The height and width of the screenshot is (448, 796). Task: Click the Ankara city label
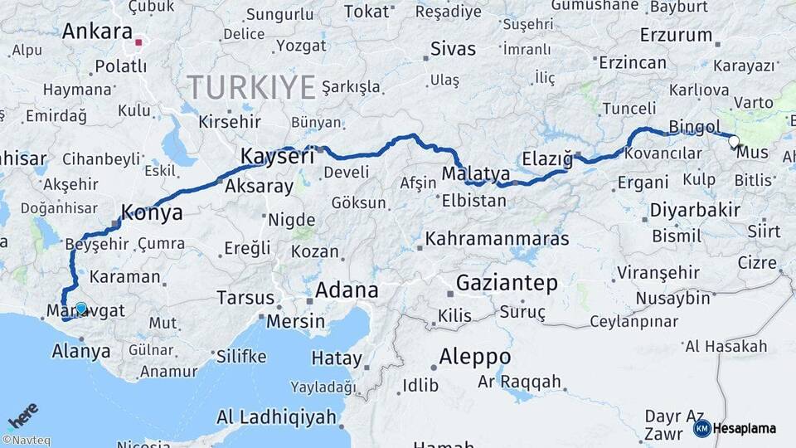[97, 32]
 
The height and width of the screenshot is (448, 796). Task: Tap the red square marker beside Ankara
[140, 41]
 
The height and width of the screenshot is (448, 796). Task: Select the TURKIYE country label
[251, 86]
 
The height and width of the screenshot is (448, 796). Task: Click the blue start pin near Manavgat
[80, 309]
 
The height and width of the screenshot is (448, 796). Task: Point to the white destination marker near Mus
[734, 141]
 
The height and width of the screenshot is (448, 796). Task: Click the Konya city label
[152, 212]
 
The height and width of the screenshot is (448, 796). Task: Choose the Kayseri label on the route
[277, 156]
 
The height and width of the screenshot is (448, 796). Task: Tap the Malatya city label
[475, 173]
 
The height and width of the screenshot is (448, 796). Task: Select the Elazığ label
[548, 158]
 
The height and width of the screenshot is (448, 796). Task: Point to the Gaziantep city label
[507, 283]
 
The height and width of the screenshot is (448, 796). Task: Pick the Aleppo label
[474, 357]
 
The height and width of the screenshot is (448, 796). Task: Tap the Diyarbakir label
[695, 210]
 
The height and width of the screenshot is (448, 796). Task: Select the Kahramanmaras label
[498, 239]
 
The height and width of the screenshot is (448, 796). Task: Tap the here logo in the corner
[23, 414]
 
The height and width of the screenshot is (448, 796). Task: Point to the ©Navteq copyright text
[26, 441]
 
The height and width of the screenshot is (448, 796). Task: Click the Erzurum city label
[676, 36]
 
